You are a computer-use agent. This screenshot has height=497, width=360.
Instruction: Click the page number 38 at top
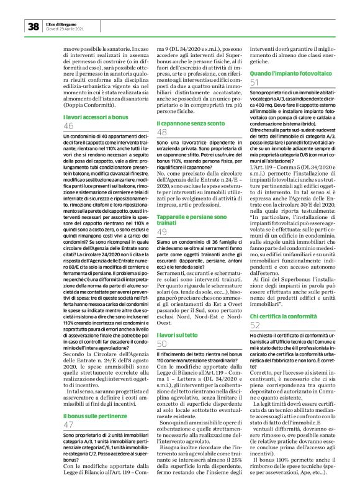point(33,26)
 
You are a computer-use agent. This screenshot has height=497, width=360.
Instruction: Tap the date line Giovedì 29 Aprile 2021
point(66,29)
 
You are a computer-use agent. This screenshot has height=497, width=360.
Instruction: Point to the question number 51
point(254,82)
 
